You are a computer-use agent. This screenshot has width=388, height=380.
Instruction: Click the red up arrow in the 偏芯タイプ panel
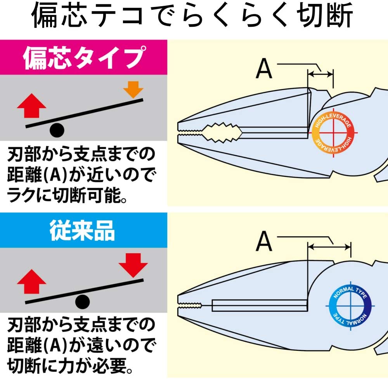[32, 106]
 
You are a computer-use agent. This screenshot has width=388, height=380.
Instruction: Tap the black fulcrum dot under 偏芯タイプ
[57, 130]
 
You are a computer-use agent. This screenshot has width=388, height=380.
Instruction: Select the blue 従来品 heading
[83, 231]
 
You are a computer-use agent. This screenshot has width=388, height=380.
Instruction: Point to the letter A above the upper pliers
[264, 69]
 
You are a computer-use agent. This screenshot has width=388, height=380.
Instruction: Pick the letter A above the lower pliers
[264, 241]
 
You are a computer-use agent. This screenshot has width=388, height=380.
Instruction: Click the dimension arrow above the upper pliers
[320, 72]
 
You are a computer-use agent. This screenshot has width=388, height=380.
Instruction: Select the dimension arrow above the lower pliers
[329, 245]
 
